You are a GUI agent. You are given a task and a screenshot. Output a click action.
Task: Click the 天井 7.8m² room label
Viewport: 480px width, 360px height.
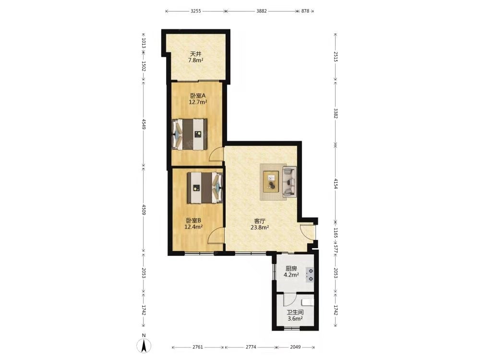pos(196,57)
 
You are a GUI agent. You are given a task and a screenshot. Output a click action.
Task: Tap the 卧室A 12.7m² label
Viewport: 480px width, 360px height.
pos(198,99)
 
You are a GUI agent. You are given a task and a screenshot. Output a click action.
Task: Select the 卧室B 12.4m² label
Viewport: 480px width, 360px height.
pos(193,224)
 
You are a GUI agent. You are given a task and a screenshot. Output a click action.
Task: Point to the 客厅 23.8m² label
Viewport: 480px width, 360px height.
pos(260,224)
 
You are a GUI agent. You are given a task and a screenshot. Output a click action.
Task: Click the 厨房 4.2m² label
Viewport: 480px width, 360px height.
pos(291,272)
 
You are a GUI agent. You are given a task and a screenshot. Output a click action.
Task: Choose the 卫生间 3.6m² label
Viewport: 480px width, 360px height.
pos(295,315)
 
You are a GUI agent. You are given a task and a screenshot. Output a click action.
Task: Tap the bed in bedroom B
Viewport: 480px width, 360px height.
pos(205,188)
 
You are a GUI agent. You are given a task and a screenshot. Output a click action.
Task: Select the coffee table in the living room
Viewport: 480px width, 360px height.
pos(271,181)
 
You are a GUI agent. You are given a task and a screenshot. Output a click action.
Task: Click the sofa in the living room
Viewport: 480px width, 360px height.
pos(289,181)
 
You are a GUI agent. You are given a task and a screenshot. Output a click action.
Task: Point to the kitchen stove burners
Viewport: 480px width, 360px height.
pos(310,275)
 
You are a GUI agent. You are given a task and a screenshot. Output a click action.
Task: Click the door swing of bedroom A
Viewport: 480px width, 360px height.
pos(216,154)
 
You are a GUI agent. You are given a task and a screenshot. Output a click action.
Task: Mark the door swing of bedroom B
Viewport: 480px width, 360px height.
pos(216,236)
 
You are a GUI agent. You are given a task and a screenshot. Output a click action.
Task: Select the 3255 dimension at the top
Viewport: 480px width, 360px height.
pos(196,11)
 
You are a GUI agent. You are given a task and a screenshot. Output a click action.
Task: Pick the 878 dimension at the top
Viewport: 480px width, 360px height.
pos(305,11)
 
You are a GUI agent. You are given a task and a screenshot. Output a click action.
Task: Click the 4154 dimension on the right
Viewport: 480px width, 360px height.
pos(336,183)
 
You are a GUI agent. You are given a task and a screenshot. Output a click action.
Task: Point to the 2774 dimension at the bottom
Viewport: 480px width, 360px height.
pos(251,347)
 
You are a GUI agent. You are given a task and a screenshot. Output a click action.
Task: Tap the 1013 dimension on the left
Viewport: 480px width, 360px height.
pos(144,43)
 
